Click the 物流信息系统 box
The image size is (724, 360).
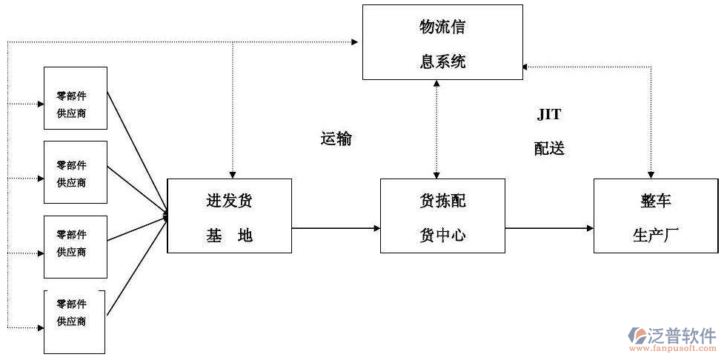(x=442, y=42)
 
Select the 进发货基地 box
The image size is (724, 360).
(x=229, y=216)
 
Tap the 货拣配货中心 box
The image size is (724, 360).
(x=442, y=216)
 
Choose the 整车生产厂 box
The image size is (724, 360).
(x=655, y=216)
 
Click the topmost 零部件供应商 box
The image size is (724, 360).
(x=76, y=98)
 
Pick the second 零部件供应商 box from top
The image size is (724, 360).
(x=76, y=173)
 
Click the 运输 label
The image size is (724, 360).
(x=336, y=139)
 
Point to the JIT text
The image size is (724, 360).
(x=549, y=115)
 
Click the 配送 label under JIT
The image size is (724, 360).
(x=549, y=148)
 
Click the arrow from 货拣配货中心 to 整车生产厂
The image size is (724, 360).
(x=549, y=228)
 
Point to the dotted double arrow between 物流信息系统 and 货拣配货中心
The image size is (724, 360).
(x=436, y=129)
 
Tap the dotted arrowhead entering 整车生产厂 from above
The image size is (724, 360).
(x=651, y=173)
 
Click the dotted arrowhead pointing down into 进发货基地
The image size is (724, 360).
(x=233, y=173)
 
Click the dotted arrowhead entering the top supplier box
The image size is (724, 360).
(x=40, y=104)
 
